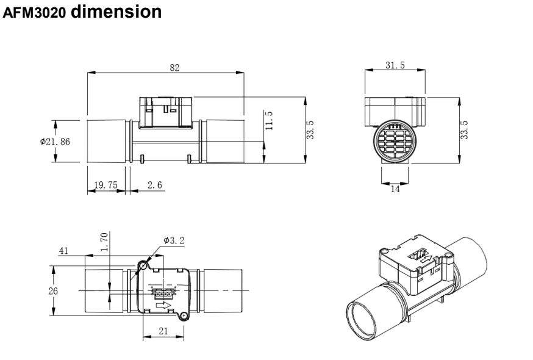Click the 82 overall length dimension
click(x=174, y=68)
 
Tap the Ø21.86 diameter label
click(x=55, y=142)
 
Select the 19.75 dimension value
click(x=106, y=185)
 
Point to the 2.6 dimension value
click(x=155, y=185)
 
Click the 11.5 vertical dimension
click(x=269, y=120)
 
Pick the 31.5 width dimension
click(x=395, y=65)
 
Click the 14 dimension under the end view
click(x=395, y=189)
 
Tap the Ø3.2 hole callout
click(x=174, y=240)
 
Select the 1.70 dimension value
click(x=104, y=242)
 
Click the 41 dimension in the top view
click(x=63, y=251)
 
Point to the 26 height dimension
click(x=53, y=291)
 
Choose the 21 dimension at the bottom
click(x=163, y=331)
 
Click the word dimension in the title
click(x=116, y=12)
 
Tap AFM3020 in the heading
click(x=34, y=13)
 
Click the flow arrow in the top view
click(x=163, y=305)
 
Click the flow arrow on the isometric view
click(x=427, y=259)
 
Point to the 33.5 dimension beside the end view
click(x=464, y=129)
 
